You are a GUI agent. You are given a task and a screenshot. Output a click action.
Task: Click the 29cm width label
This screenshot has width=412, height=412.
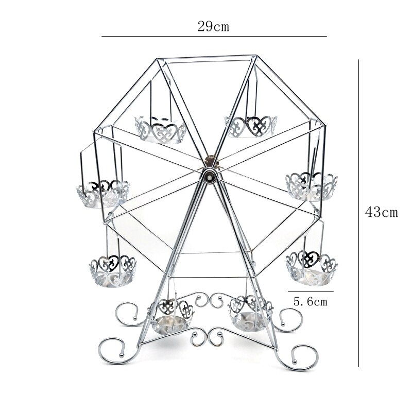point(213,27)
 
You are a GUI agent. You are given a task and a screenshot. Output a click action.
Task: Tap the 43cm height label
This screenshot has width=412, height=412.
point(381,212)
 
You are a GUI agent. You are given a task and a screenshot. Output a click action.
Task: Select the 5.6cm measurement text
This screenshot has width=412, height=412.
point(311,302)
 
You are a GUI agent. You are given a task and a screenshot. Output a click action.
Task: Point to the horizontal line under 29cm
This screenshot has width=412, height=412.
point(214,37)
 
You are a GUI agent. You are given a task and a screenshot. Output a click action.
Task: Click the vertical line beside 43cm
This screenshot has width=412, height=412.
point(359,212)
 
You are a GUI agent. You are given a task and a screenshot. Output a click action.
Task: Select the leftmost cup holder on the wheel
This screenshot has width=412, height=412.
point(103,194)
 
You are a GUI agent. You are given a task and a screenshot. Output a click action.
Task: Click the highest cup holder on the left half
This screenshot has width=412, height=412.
point(161,129)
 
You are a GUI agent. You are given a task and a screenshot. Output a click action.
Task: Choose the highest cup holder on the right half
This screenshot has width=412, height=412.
point(251,126)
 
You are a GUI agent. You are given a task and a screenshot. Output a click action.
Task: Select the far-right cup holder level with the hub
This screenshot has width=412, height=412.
point(312,186)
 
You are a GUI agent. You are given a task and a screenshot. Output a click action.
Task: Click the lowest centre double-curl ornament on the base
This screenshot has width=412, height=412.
point(208,337)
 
